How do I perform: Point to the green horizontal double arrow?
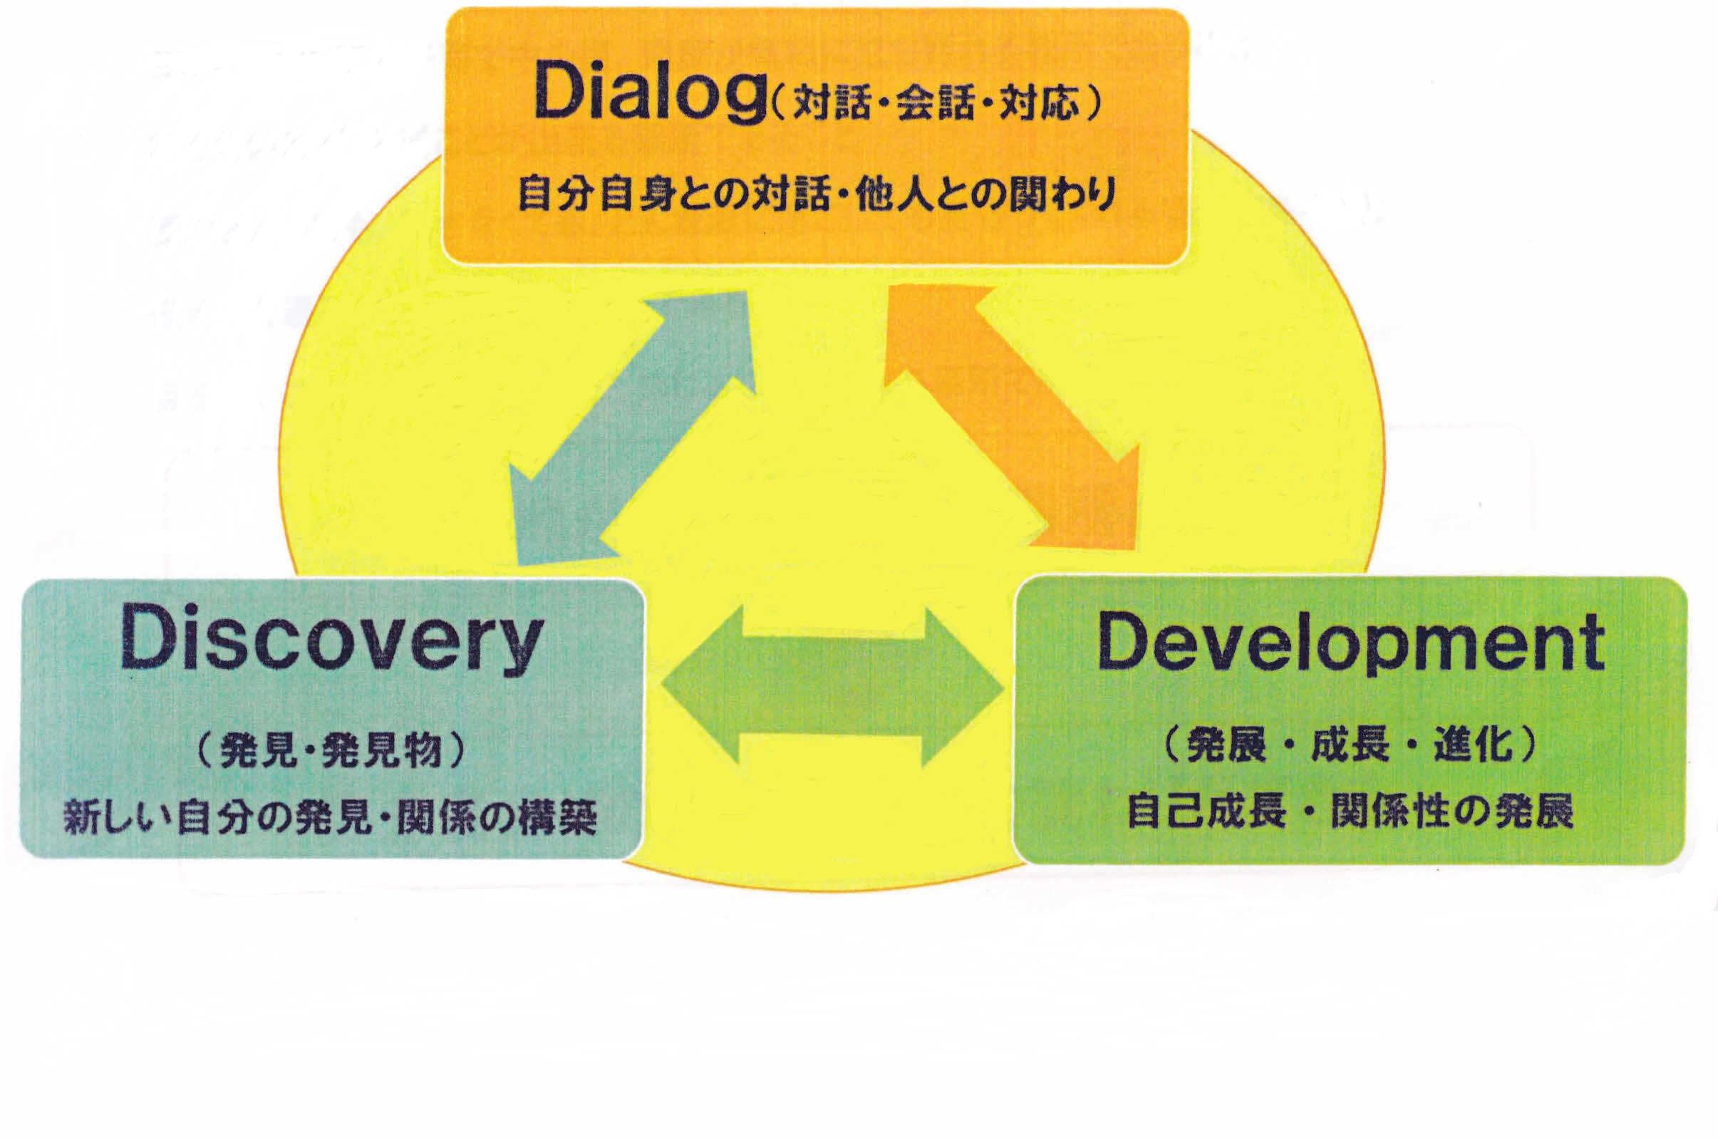pos(832,686)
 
